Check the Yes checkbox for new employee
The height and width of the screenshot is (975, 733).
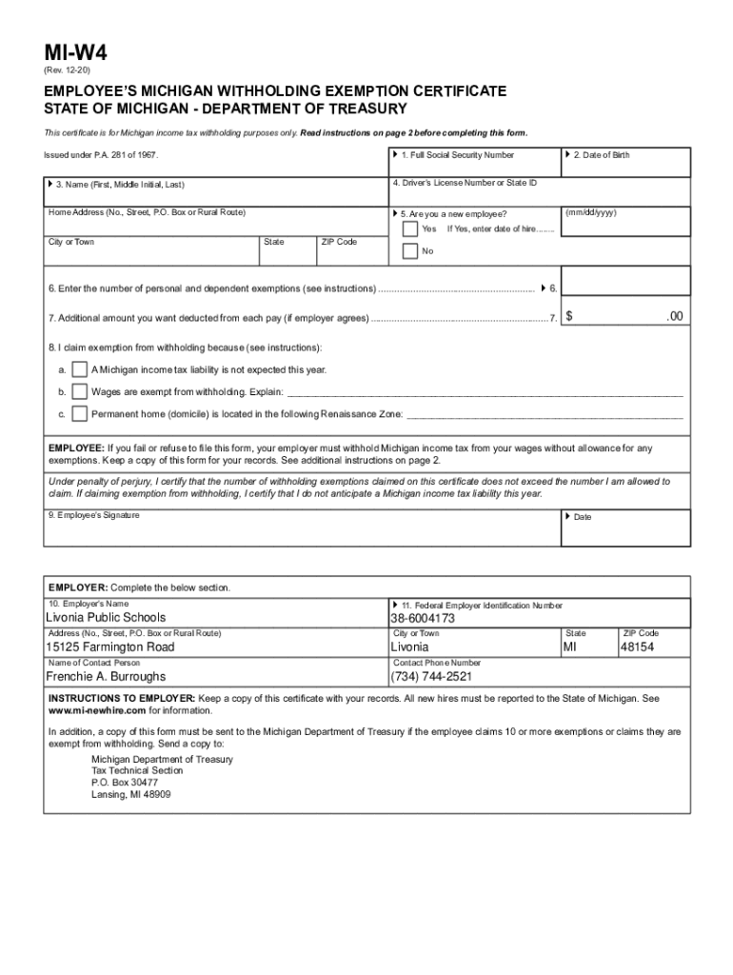(x=409, y=229)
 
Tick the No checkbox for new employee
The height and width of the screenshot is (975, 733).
(x=409, y=251)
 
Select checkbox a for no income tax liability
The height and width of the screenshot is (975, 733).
(x=80, y=369)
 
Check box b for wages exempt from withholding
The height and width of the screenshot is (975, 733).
(x=80, y=391)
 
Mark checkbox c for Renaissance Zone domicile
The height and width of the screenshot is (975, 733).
(x=80, y=414)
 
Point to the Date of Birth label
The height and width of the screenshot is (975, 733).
(x=601, y=155)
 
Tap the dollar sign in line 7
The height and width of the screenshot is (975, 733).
(x=569, y=316)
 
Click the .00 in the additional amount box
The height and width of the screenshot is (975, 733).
(x=674, y=316)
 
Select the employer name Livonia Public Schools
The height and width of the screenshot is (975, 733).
(x=106, y=618)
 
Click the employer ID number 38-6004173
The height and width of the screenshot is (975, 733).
(x=423, y=618)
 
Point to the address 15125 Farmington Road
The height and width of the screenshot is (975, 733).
(x=110, y=647)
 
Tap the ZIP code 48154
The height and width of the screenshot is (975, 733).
(x=637, y=647)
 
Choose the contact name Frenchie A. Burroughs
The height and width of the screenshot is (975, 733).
(x=106, y=677)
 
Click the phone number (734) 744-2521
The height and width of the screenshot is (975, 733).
(x=431, y=677)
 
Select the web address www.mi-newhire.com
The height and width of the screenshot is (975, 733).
(x=97, y=710)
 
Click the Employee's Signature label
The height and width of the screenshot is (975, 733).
(x=94, y=515)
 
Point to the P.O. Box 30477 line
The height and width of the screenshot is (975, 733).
(x=125, y=783)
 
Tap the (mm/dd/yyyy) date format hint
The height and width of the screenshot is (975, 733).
(x=590, y=212)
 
